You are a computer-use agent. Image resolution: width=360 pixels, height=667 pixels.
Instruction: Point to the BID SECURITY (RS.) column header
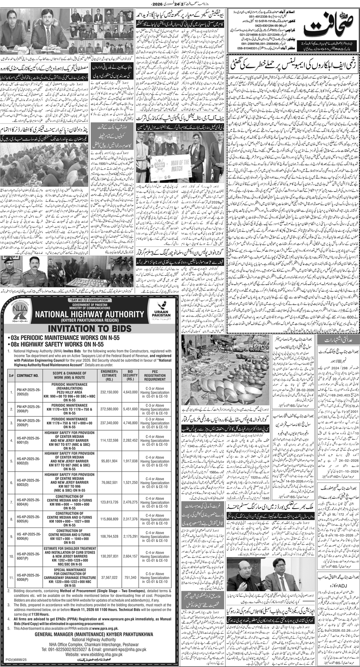point(130,375)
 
